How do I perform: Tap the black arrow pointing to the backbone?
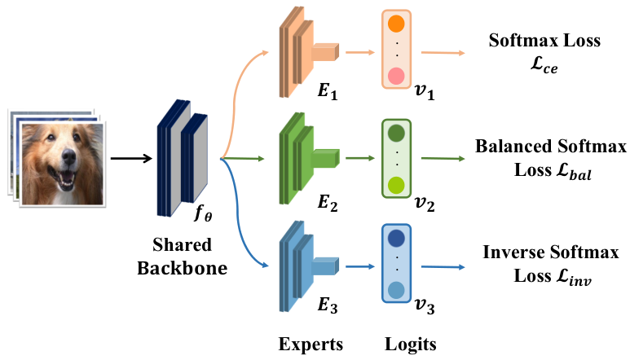[x=131, y=159]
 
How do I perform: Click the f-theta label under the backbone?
[x=203, y=213]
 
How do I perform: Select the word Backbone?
[x=182, y=268]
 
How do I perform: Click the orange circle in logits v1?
[x=396, y=24]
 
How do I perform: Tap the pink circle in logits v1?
[x=396, y=76]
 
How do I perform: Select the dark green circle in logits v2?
[x=396, y=134]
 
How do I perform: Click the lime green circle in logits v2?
[x=396, y=185]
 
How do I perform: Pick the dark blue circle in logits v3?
[x=396, y=239]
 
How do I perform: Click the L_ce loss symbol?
[x=544, y=64]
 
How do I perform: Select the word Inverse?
[x=513, y=252]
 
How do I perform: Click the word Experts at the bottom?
[x=311, y=345]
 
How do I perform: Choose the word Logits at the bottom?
[x=410, y=345]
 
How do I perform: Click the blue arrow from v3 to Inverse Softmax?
[x=443, y=267]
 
